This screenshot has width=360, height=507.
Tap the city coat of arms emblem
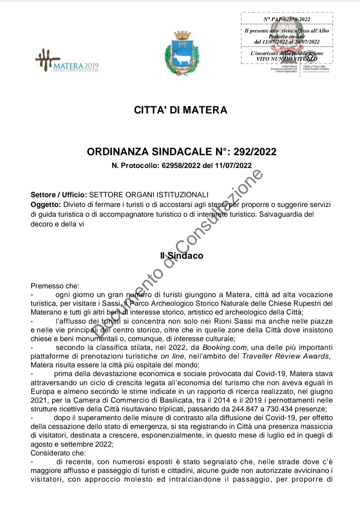182,53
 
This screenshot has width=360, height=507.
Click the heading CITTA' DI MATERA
180,110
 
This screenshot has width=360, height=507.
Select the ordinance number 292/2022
255,152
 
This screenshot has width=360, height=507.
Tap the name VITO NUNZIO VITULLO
287,59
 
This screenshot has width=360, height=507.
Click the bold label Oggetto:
46,205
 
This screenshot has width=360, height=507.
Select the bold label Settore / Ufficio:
59,195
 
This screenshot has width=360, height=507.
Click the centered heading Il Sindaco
182,256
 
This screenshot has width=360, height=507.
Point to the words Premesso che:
55,286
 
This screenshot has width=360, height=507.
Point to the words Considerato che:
58,453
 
